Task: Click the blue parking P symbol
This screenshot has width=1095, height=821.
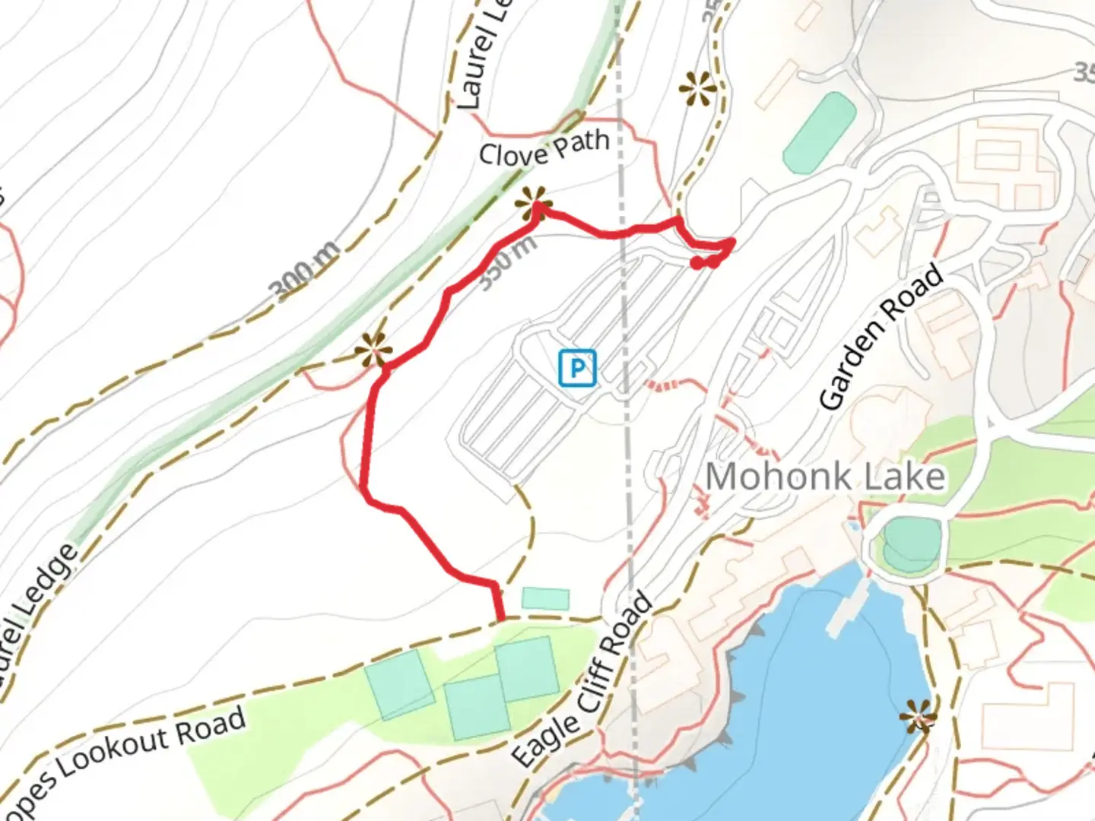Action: (x=577, y=369)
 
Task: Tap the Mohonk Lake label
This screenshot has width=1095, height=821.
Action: (x=825, y=477)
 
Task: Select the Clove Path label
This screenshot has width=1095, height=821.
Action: (x=544, y=148)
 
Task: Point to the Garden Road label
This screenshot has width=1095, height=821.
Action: (x=881, y=338)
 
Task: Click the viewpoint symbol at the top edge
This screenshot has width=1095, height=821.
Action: (x=698, y=90)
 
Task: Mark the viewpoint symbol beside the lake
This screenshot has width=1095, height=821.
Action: (x=918, y=716)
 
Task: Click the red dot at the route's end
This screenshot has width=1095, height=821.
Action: (x=697, y=263)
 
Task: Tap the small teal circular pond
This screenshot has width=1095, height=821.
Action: (x=909, y=543)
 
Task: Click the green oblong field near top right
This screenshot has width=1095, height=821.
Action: (x=820, y=132)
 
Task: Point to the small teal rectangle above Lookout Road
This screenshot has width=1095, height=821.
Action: (x=545, y=598)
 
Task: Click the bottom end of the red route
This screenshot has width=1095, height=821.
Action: (x=500, y=618)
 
